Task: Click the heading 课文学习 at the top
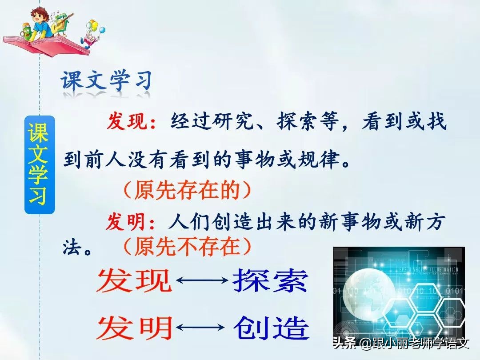[107, 81]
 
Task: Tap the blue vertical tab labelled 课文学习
[39, 164]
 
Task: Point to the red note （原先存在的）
[187, 190]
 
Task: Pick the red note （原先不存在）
[187, 246]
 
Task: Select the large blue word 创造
[271, 328]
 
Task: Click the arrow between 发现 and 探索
[202, 280]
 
